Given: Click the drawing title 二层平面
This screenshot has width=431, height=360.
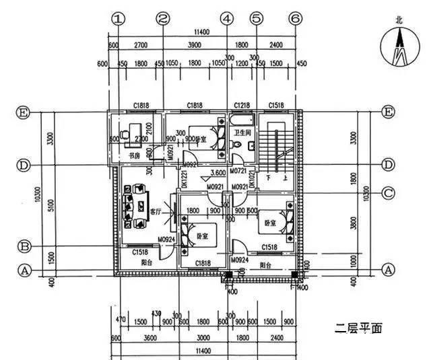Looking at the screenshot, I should (359, 329).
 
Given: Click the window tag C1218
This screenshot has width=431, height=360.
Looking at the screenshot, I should (241, 106).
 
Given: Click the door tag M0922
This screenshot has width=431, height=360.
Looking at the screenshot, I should (189, 164).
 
